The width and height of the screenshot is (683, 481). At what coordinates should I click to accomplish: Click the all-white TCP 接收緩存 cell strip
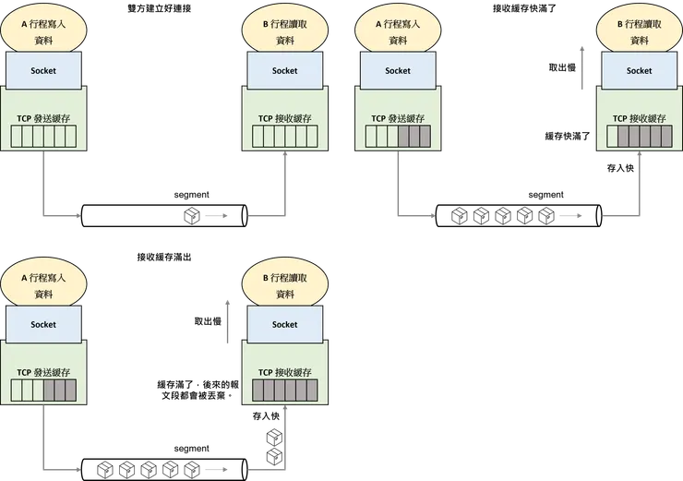(x=285, y=137)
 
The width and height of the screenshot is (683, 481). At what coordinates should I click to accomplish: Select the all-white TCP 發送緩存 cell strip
(x=43, y=137)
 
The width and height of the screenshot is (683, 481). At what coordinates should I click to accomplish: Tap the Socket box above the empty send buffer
(x=43, y=70)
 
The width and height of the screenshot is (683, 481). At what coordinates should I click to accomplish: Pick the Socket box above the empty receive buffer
(x=285, y=70)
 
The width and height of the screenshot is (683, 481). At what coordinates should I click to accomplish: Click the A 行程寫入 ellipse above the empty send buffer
(x=43, y=32)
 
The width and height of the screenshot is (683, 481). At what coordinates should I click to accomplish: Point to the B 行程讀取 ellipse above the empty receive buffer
(x=285, y=32)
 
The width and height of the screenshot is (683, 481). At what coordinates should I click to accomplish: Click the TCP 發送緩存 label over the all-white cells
(x=43, y=118)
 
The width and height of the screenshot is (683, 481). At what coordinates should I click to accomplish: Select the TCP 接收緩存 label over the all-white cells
(x=285, y=118)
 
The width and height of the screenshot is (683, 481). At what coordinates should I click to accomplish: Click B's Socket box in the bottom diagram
(x=285, y=324)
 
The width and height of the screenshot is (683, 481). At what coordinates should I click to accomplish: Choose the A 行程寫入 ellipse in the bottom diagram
(x=43, y=286)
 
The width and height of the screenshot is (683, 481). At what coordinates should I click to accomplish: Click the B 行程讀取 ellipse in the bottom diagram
(x=285, y=286)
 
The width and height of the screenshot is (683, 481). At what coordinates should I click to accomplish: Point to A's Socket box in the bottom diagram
(x=43, y=324)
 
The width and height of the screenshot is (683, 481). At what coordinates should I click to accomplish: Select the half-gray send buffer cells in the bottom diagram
(x=43, y=391)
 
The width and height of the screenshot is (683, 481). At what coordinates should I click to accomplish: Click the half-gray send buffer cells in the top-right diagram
(x=398, y=137)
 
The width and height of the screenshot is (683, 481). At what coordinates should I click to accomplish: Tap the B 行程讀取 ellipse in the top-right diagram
(x=640, y=32)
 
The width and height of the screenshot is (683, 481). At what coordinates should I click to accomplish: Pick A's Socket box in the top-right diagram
(x=398, y=70)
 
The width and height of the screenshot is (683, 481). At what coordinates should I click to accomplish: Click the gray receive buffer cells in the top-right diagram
(x=640, y=137)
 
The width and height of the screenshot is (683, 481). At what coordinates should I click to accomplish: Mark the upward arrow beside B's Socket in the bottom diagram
(x=226, y=322)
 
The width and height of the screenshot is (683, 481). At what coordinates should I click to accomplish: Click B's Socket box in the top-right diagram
(x=640, y=70)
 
